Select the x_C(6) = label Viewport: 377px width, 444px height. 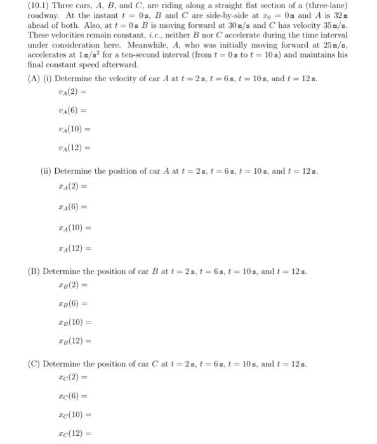pos(70,398)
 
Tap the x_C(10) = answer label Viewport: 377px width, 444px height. pos(72,415)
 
